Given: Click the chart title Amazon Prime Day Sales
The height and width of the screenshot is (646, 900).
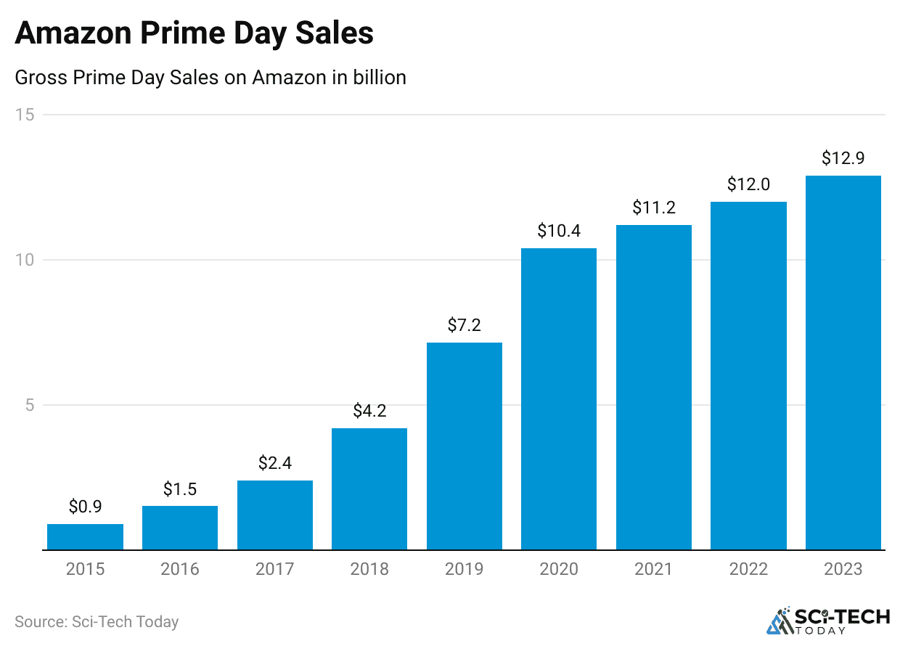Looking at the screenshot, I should (x=194, y=34).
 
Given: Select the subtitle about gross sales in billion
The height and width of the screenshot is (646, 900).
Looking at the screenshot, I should (x=210, y=77).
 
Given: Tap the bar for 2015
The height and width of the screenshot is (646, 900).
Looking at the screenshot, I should (x=85, y=537).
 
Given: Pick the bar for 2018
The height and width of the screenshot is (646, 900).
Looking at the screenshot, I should (x=369, y=489).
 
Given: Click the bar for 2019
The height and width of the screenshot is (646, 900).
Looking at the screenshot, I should (x=465, y=446).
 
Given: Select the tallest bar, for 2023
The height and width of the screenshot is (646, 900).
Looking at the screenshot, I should (x=843, y=363).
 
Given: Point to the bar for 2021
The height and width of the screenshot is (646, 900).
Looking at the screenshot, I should (x=654, y=388).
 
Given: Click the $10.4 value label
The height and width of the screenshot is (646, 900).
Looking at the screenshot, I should (x=559, y=231).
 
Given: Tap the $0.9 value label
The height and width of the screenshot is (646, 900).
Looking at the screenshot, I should (x=85, y=507).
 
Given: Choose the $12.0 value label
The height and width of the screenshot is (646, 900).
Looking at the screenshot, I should (x=748, y=184).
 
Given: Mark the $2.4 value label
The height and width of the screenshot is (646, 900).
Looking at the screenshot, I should (x=274, y=463).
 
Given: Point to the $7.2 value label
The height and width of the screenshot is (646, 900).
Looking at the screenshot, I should (x=465, y=325).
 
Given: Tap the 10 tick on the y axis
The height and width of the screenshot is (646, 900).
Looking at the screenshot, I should (x=28, y=260).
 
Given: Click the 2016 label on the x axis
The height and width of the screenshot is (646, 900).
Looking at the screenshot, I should (x=180, y=568).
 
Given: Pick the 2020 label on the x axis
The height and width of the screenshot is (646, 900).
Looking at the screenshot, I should (x=559, y=568).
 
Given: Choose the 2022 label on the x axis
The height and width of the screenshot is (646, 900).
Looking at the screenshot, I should (x=748, y=568).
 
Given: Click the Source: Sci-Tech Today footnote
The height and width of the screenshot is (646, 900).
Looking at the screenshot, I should (x=97, y=622).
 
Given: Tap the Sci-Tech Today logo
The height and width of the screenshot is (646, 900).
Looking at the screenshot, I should (x=828, y=621).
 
